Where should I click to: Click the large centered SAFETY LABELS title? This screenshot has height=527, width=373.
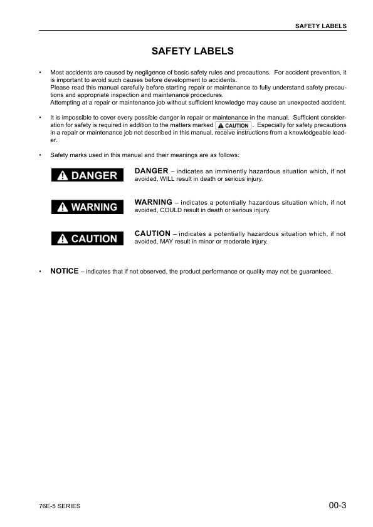(x=192, y=51)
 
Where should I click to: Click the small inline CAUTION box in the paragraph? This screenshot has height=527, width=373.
(x=233, y=126)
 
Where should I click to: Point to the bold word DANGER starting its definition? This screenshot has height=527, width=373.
(x=151, y=171)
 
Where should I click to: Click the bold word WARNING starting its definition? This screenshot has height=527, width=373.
(x=154, y=202)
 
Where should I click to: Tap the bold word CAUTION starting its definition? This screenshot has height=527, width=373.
(x=152, y=233)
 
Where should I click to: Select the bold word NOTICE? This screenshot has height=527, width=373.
(x=65, y=271)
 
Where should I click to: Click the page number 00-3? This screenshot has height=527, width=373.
(x=337, y=504)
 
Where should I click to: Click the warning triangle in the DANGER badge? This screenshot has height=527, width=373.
(x=61, y=176)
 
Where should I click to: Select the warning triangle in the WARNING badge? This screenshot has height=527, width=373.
(x=61, y=207)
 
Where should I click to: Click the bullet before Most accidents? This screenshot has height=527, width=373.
(x=40, y=73)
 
